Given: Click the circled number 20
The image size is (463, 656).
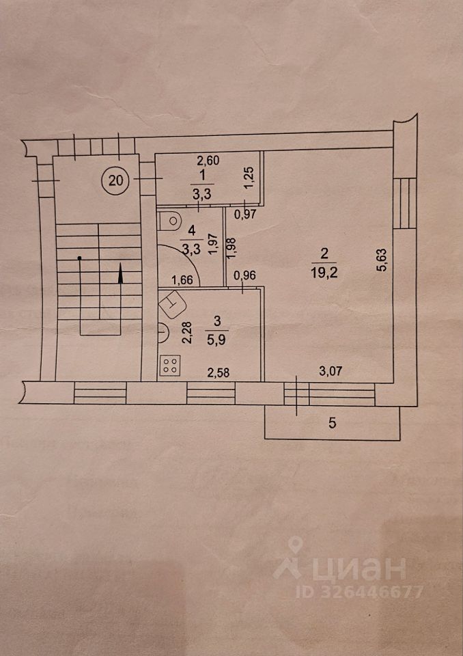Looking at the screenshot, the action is (x=116, y=180).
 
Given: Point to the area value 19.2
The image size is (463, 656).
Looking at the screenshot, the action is (x=324, y=269).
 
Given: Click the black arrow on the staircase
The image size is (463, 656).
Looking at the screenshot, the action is (x=121, y=274).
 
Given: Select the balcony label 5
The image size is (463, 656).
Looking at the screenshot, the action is (x=332, y=423).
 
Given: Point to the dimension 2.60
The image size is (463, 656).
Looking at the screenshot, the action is (x=208, y=162).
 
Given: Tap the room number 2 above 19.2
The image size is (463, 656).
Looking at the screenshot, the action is (x=324, y=254).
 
